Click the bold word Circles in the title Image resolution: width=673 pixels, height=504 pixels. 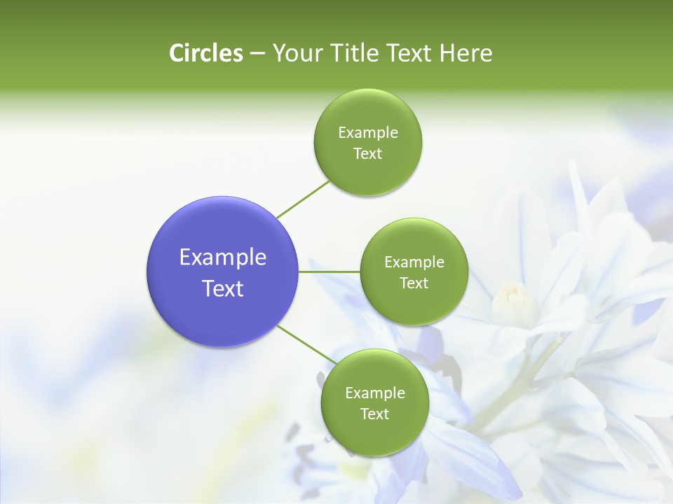point(205,53)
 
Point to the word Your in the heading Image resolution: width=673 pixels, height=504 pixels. point(297,53)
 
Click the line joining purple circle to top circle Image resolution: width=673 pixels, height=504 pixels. point(303,199)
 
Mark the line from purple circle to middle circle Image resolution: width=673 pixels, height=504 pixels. point(329,271)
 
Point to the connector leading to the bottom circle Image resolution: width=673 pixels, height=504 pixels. point(306,344)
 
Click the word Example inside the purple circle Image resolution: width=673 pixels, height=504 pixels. point(223,258)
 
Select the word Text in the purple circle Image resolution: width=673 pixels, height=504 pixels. point(223,288)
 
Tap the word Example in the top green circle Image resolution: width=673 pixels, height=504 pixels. point(367,133)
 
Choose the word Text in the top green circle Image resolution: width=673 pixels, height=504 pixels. point(367,154)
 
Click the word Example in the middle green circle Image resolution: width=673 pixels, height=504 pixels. point(414,262)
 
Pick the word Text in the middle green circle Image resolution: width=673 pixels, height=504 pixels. point(414,283)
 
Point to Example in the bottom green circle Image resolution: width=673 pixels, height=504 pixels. point(374,393)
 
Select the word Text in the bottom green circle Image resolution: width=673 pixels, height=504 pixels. point(374,414)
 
